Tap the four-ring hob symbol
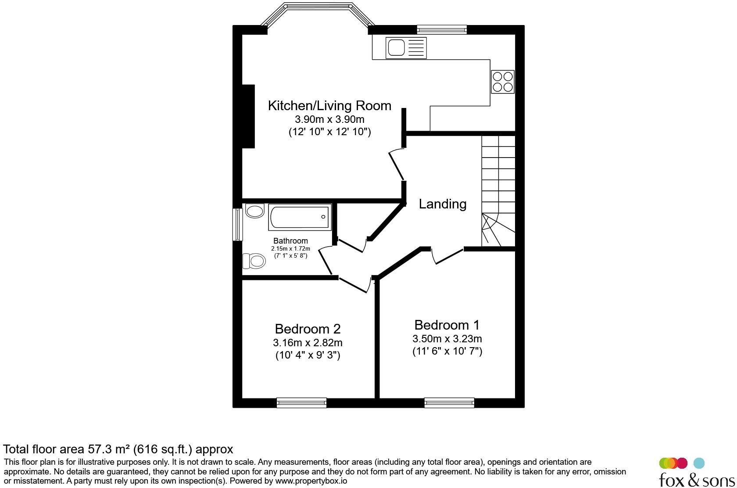coord(502,82)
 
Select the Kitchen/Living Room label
coord(329,106)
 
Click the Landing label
coord(442,204)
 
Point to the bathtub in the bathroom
coord(301,217)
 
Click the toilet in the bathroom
coord(254,262)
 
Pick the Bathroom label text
coord(290,241)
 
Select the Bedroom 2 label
coord(308,329)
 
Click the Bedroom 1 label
coord(447,325)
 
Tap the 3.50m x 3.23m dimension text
coord(447,339)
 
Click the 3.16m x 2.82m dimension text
coord(308,343)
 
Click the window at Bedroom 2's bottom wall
coord(301,402)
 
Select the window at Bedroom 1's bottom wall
coord(449,402)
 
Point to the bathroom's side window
coord(237,224)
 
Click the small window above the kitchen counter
coord(441,29)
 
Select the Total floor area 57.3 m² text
coord(118,449)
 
